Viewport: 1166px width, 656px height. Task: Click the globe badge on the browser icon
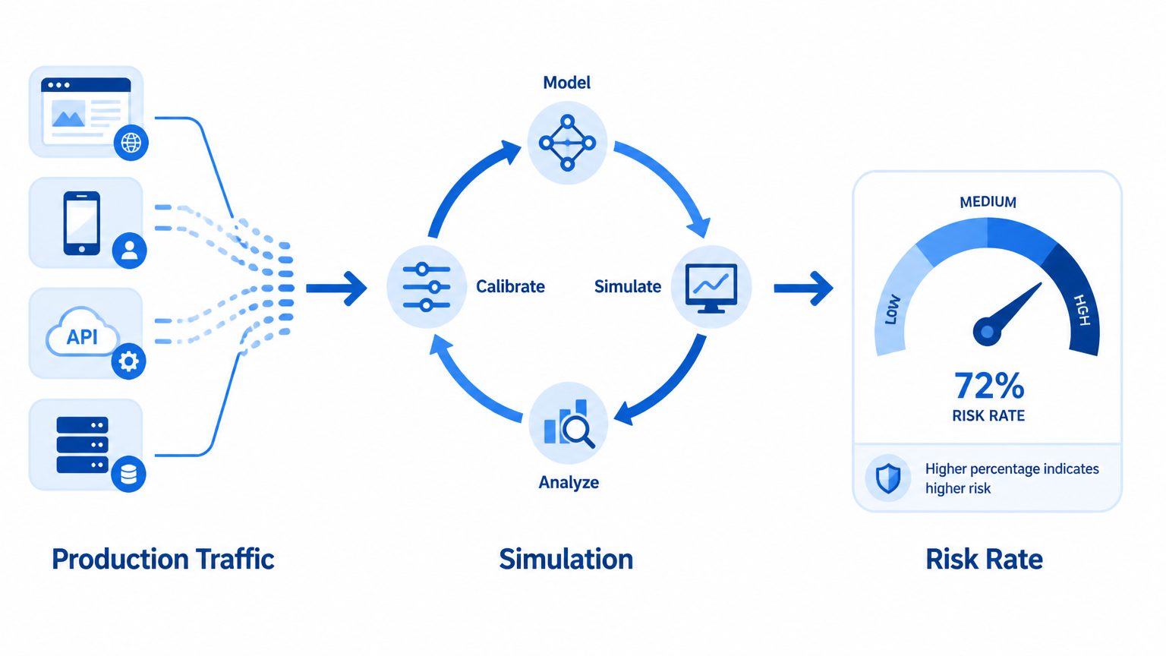point(131,142)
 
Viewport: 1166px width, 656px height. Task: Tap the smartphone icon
point(82,223)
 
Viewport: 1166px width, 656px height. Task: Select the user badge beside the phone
point(129,251)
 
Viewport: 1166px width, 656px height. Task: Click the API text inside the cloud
point(82,337)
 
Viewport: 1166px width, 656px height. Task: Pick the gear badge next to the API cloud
point(128,361)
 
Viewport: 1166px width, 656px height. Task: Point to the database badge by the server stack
point(128,474)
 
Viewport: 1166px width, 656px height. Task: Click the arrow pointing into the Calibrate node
point(336,288)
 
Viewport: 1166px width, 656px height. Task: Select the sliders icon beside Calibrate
point(427,287)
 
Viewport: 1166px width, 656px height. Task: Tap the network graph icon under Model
point(567,143)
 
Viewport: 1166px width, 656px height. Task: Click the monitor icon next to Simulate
point(711,288)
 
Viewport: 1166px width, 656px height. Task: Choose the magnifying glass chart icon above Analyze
point(569,424)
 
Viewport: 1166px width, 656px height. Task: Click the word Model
point(566,83)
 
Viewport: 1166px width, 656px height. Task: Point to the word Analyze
point(569,483)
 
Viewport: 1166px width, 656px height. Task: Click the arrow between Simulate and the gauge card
point(803,288)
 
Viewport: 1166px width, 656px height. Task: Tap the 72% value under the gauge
point(989,386)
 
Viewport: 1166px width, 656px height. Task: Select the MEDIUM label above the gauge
point(988,202)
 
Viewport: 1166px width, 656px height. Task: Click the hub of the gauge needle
point(987,331)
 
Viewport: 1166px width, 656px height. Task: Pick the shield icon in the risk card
point(888,478)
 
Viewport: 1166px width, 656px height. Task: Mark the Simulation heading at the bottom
point(566,560)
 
